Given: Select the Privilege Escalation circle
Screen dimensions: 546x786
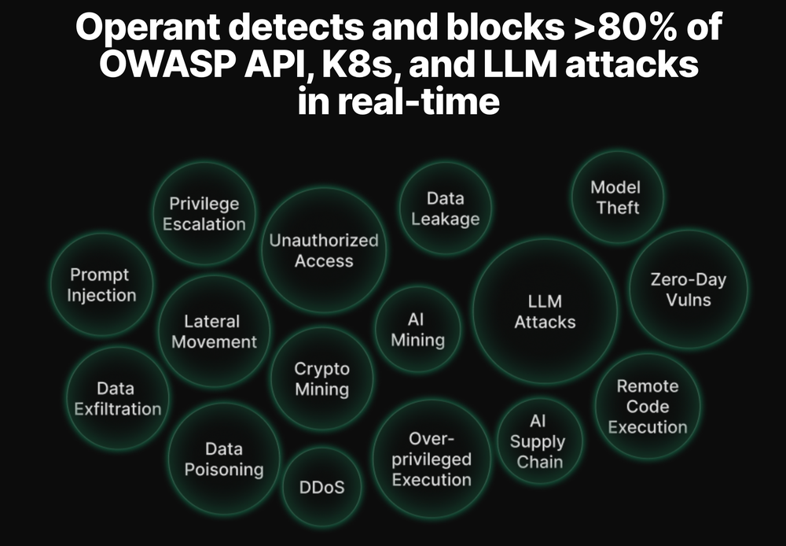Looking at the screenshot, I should [x=204, y=213].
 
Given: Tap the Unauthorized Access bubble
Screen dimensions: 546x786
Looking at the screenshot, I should [x=324, y=250].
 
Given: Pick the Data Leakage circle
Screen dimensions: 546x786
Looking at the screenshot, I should [x=446, y=208].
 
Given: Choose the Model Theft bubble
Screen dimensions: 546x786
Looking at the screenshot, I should [x=616, y=197].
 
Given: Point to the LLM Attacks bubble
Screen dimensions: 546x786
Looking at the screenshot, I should [x=545, y=312].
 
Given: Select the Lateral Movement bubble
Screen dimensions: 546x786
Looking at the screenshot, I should [x=214, y=331].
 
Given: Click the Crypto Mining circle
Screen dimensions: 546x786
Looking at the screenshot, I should [x=321, y=378].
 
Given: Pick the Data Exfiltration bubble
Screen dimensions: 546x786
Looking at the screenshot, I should [x=117, y=398].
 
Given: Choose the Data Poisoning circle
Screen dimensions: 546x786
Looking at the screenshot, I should [x=224, y=459].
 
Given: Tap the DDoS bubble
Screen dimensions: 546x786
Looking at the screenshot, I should [x=321, y=487].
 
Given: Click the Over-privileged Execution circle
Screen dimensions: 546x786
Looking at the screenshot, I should [x=432, y=459].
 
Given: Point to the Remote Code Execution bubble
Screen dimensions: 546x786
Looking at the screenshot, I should [x=648, y=407].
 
